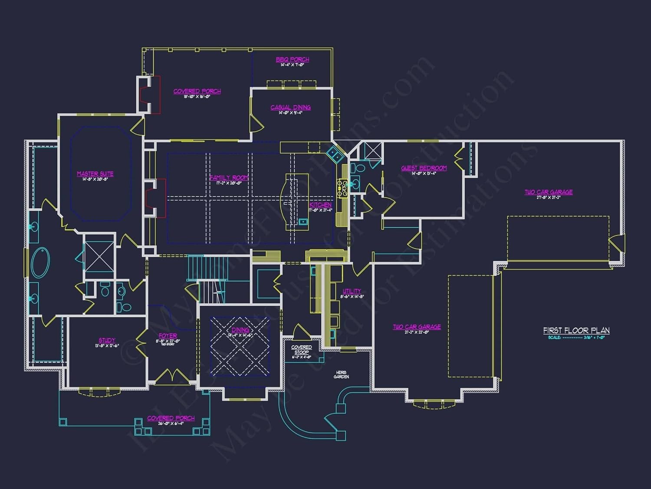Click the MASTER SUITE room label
pos(95,174)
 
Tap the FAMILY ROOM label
pos(229,178)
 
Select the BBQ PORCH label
pos(293,60)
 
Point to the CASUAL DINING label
pos(290,107)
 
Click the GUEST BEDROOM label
pos(424,168)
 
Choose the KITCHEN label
pos(320,205)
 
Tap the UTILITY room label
pos(352,291)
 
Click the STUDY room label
pos(107,340)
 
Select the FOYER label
pos(168,336)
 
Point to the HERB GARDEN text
pos(342,374)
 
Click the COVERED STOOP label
pos(302,350)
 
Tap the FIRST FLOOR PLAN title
pos(576,330)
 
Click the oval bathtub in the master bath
pos(40,262)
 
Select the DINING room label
pos(240,330)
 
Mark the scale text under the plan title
pos(576,337)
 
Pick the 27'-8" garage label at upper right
pos(549,192)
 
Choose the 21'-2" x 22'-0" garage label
pos(417,327)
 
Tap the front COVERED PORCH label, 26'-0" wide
pos(171,418)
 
